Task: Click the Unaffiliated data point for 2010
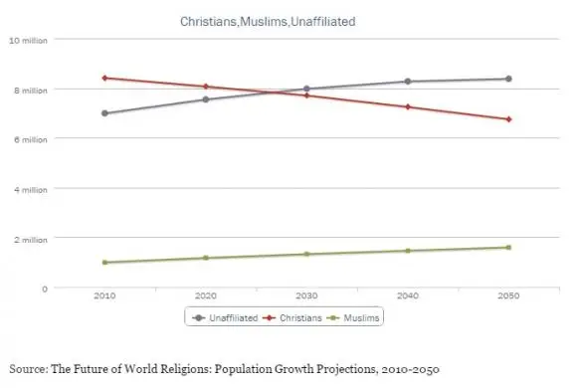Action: coord(104,113)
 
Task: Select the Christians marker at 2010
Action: coord(104,78)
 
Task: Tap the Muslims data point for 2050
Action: coord(508,247)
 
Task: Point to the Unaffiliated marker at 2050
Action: coord(508,79)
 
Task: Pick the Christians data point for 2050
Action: coord(508,119)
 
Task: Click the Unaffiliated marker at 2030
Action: coord(306,89)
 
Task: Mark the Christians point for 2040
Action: coord(408,106)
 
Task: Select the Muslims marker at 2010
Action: coord(104,263)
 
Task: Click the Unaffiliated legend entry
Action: coord(225,318)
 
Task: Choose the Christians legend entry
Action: coord(292,318)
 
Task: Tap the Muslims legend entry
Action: coord(353,318)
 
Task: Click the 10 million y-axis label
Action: coord(28,41)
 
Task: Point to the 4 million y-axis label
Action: coord(31,190)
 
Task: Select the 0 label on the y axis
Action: coord(45,289)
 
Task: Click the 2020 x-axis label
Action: coord(206,295)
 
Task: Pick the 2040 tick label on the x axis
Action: coord(408,295)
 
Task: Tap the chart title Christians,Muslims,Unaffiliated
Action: coord(268,22)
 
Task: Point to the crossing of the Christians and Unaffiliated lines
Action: coord(277,92)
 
